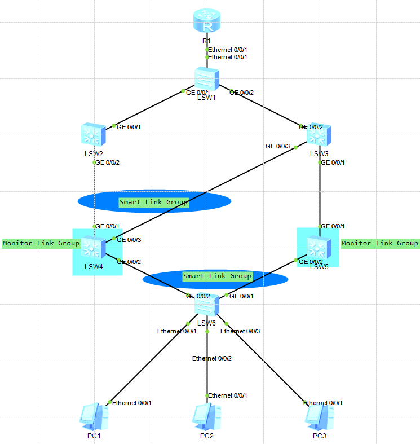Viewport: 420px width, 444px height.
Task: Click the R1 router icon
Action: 207,21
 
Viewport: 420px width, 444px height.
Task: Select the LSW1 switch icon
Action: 207,79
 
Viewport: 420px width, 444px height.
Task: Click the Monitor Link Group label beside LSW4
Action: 41,244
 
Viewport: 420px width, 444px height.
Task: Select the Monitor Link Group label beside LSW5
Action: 380,243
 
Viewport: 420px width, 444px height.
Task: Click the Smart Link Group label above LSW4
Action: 153,202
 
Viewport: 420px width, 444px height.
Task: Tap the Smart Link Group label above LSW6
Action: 217,276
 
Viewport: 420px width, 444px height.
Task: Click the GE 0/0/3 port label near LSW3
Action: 277,147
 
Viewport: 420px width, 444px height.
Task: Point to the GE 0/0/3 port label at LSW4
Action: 129,240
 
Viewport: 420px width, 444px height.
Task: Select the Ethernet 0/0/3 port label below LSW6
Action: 241,331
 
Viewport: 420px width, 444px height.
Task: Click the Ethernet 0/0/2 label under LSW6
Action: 212,358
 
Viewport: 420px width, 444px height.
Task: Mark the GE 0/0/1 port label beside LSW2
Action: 129,127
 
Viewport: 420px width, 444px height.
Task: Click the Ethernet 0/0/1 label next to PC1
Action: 132,403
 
